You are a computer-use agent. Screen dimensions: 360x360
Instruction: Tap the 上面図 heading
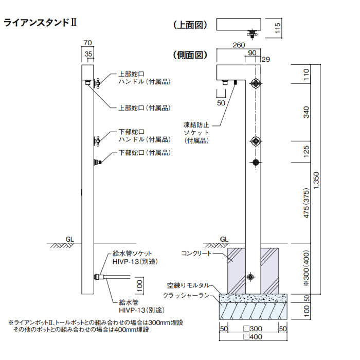pyautogui.click(x=190, y=24)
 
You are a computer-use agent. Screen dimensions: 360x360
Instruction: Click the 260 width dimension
pyautogui.click(x=238, y=45)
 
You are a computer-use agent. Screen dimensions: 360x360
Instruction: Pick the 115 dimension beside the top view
pyautogui.click(x=277, y=27)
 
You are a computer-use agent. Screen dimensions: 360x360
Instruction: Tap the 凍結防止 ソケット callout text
pyautogui.click(x=197, y=132)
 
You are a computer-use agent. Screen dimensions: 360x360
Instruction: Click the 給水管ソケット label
pyautogui.click(x=136, y=254)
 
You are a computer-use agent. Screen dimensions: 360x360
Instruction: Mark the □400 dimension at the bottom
pyautogui.click(x=253, y=336)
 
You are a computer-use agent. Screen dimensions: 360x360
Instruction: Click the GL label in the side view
pyautogui.click(x=224, y=239)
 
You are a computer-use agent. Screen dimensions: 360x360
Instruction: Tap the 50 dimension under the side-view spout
pyautogui.click(x=222, y=103)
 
